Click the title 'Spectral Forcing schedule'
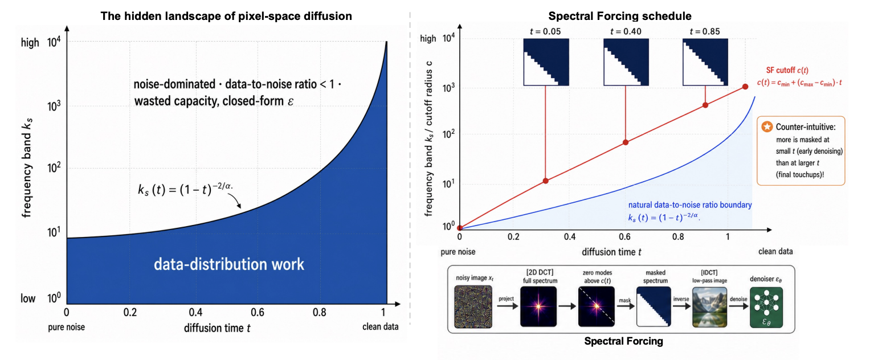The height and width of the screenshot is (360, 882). (x=620, y=16)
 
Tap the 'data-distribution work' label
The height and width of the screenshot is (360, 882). (x=229, y=264)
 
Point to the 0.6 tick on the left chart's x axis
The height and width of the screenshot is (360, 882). (x=258, y=312)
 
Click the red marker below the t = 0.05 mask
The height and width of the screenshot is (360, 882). (x=545, y=181)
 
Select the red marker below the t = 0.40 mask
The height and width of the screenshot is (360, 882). (x=626, y=142)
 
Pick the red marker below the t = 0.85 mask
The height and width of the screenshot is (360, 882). (x=705, y=105)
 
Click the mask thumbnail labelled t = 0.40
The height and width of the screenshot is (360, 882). (x=626, y=62)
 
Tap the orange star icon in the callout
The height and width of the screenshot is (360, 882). (x=767, y=126)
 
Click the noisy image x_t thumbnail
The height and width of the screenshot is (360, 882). (x=473, y=307)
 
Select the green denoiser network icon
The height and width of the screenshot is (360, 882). (x=766, y=307)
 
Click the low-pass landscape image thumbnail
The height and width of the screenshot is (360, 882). (x=709, y=307)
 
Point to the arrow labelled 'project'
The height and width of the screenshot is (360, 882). (x=507, y=306)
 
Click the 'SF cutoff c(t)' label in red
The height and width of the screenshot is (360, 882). (x=787, y=71)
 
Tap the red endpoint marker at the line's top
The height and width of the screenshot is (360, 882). (x=745, y=87)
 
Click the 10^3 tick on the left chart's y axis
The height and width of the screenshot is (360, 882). (x=54, y=106)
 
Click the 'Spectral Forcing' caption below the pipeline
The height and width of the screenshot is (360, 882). (x=624, y=341)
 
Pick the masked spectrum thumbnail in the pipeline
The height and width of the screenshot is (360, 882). (x=654, y=306)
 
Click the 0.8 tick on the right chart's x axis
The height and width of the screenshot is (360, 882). (x=677, y=237)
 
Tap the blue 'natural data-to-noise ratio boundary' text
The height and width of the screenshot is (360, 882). (x=690, y=205)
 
